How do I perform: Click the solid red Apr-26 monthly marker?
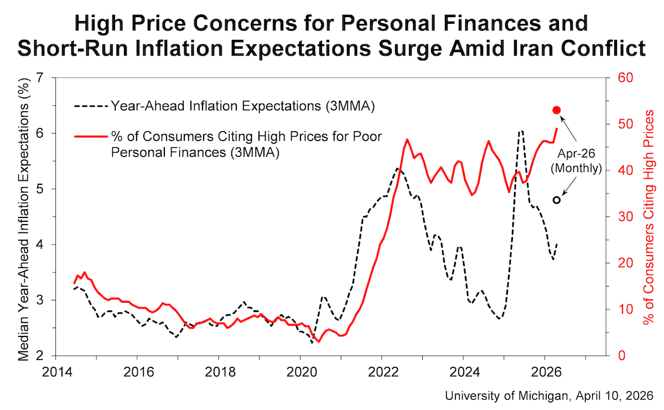pos(557,110)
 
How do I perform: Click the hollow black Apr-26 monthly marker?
pos(557,200)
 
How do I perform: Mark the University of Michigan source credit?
pos(549,396)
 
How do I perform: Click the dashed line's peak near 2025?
pos(521,132)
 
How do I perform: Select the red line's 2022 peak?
pos(407,139)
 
